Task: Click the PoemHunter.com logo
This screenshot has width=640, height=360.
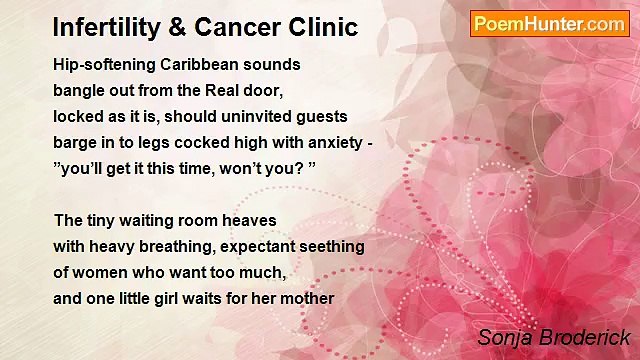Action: (549, 24)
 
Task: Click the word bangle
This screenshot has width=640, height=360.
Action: (80, 90)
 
